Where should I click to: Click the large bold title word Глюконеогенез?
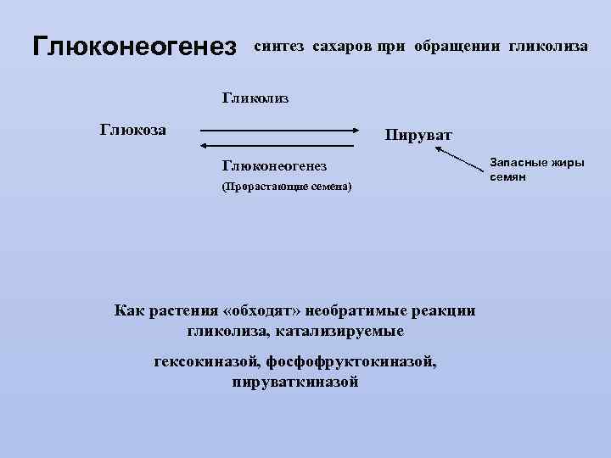click(x=133, y=47)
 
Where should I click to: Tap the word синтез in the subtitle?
click(x=278, y=46)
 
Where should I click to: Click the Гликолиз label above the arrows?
click(x=255, y=99)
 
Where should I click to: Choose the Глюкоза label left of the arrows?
click(x=133, y=130)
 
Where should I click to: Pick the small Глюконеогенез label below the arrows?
click(x=273, y=165)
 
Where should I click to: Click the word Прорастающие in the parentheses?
click(x=259, y=187)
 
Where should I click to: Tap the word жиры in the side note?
click(x=566, y=163)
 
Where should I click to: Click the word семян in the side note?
click(x=507, y=176)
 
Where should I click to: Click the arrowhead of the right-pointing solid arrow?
click(x=356, y=131)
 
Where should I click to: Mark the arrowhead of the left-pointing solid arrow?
click(x=205, y=146)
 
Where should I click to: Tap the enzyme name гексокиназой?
click(x=207, y=362)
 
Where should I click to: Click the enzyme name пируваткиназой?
click(x=295, y=382)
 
